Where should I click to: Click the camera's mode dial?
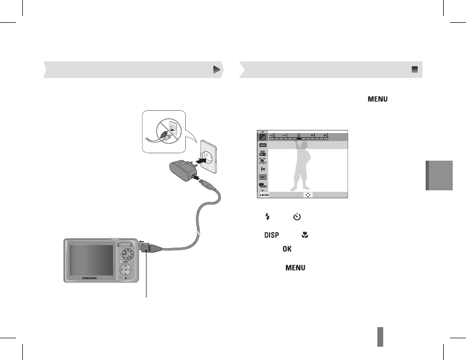click(x=128, y=253)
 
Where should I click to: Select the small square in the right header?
click(x=415, y=69)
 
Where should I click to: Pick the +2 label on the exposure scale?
click(x=326, y=135)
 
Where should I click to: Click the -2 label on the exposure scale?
click(x=272, y=135)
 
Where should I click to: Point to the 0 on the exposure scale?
click(x=299, y=135)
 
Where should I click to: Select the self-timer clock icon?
click(x=297, y=216)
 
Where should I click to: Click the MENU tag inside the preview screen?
click(x=263, y=195)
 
